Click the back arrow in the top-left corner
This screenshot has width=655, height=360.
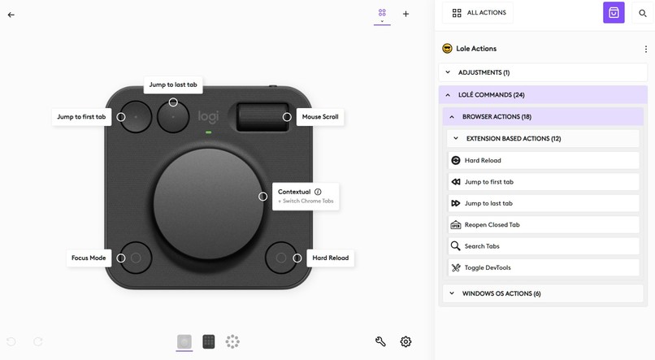click(x=11, y=15)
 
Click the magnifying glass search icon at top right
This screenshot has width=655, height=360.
click(x=643, y=13)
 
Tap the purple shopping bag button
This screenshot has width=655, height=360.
click(x=614, y=13)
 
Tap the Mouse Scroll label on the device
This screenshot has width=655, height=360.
click(x=320, y=117)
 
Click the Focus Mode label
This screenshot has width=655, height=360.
click(x=89, y=258)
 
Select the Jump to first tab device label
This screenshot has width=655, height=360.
click(x=81, y=117)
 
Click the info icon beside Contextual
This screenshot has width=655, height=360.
click(x=318, y=192)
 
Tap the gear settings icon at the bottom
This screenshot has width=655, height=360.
click(x=406, y=341)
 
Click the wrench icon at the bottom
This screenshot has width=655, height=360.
click(x=380, y=341)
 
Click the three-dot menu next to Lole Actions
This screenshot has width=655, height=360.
click(x=646, y=49)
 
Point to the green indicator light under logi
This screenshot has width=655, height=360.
click(x=209, y=132)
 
